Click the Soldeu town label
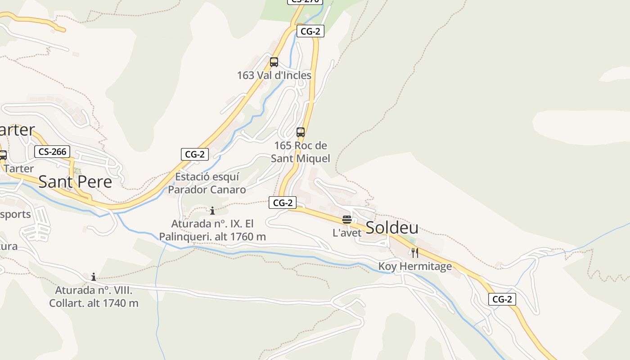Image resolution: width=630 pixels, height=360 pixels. click(392, 228)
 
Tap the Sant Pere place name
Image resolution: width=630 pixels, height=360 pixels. click(75, 182)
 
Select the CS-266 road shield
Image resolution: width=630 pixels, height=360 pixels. click(52, 152)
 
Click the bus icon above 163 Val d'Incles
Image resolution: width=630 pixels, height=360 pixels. click(274, 62)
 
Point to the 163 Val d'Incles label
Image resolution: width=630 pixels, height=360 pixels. click(274, 75)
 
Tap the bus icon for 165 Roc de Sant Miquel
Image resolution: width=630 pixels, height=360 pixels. click(301, 132)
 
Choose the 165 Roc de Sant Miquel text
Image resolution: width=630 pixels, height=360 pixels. click(301, 152)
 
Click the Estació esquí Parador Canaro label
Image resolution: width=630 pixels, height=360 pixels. click(207, 183)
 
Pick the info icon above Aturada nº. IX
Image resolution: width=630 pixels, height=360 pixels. click(212, 211)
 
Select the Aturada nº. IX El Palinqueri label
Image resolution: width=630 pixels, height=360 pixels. click(212, 230)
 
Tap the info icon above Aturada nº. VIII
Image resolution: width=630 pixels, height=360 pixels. click(94, 276)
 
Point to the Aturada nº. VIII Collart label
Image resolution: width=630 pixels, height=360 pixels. click(94, 297)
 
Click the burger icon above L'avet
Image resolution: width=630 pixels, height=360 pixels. click(346, 220)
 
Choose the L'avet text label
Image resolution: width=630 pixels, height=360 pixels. click(347, 233)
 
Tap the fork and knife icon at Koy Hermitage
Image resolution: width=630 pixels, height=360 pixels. click(415, 253)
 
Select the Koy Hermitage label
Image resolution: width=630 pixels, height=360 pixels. click(415, 266)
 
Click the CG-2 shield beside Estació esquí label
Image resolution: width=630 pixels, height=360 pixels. click(194, 154)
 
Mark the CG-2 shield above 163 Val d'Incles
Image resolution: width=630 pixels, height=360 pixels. click(310, 31)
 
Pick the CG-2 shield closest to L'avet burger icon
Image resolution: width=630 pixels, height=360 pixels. click(283, 203)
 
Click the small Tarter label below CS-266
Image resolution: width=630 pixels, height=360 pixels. click(19, 169)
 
